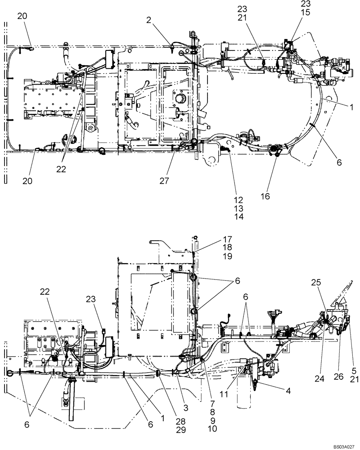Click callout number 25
(x=315, y=282)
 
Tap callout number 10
(x=211, y=429)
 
